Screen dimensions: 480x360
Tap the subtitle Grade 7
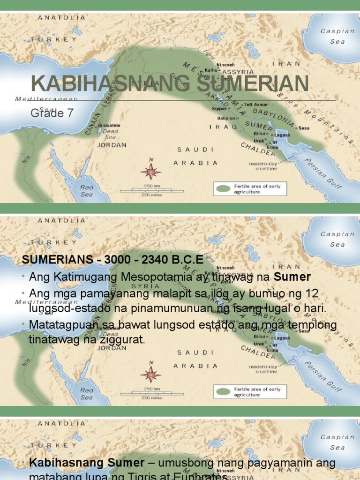click(x=52, y=113)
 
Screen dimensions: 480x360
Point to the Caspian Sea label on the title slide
click(x=337, y=36)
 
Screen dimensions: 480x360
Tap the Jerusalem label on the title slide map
click(x=109, y=126)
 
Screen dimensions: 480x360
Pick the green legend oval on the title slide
click(x=224, y=189)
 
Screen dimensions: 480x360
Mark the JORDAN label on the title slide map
click(x=112, y=145)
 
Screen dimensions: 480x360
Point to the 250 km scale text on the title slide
click(x=150, y=186)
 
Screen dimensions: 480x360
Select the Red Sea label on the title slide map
click(x=87, y=190)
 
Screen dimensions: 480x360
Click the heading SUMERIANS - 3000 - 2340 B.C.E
click(x=112, y=260)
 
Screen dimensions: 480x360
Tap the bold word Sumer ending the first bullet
click(x=292, y=277)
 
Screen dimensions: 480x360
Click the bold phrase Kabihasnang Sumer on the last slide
click(x=87, y=463)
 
